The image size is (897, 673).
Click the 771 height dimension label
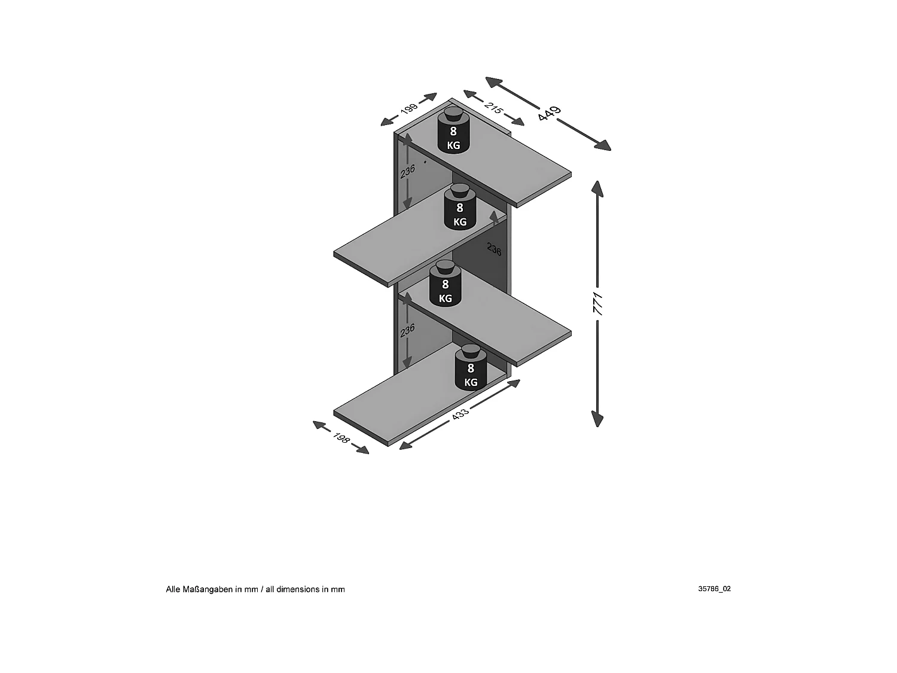pos(598,304)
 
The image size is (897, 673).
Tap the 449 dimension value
pos(549,113)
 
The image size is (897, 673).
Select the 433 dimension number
pos(460,413)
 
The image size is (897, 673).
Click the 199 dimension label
pos(409,109)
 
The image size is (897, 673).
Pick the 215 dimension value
pos(493,108)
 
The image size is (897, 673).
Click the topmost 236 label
pos(407,171)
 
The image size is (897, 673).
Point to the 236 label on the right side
pos(494,249)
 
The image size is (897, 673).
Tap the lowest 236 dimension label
pos(407,331)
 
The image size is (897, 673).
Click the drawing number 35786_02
pos(714,589)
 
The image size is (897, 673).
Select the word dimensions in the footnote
pos(298,589)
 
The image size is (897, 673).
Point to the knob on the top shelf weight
pos(453,113)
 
